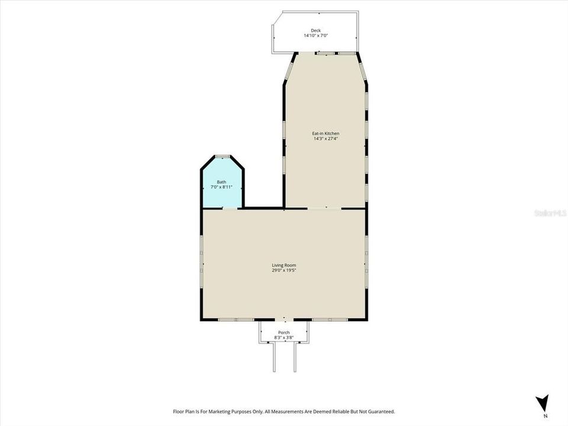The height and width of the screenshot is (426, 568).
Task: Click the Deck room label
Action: [x=315, y=31]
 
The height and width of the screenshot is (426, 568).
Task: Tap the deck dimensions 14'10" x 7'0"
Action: [x=315, y=36]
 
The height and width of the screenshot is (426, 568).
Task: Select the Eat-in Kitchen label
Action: [x=326, y=134]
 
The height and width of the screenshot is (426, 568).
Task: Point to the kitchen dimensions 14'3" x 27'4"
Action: [x=326, y=139]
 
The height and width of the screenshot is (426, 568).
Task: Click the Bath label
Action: [x=221, y=182]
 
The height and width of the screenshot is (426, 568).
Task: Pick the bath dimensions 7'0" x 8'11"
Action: [x=221, y=187]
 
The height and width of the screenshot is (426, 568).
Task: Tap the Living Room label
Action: [x=284, y=265]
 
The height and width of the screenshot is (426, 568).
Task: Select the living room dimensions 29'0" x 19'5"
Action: [x=284, y=270]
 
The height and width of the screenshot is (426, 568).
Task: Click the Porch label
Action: [x=284, y=333]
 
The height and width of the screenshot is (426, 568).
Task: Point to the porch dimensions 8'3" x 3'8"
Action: [x=284, y=338]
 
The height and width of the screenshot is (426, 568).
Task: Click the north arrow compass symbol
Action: [x=542, y=404]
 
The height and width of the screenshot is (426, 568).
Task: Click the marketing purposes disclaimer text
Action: [x=284, y=411]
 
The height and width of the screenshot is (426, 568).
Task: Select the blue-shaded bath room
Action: [x=222, y=195]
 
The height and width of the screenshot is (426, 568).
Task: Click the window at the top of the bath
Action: [x=222, y=156]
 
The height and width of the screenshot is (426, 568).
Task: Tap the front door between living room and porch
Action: [x=284, y=320]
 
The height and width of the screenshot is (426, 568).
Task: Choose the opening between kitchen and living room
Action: [x=324, y=208]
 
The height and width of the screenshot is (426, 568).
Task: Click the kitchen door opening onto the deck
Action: [x=326, y=53]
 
